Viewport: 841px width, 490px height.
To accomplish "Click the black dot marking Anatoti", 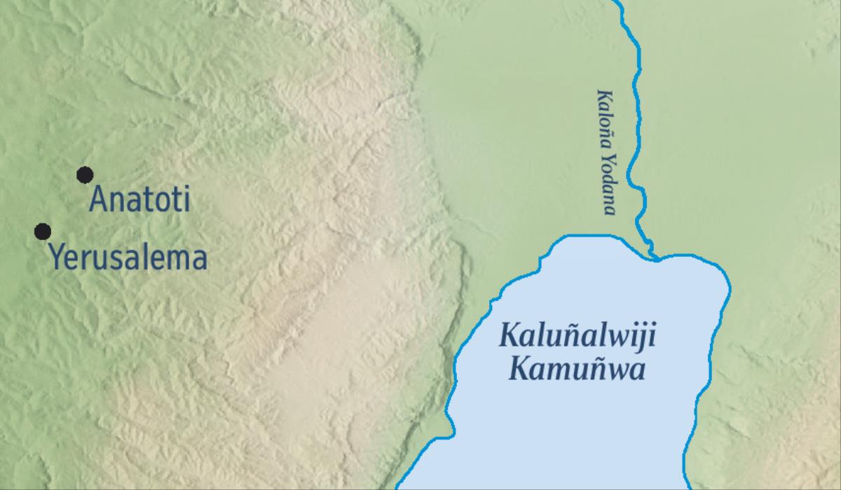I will [x=85, y=174].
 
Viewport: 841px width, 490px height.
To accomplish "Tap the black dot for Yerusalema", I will [x=43, y=231].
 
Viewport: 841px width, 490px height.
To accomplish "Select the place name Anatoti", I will [x=140, y=201].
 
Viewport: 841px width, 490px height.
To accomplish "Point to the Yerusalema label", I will [x=128, y=258].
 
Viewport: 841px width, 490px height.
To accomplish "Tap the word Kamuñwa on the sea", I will [x=576, y=368].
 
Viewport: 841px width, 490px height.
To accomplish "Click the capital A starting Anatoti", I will [x=98, y=201].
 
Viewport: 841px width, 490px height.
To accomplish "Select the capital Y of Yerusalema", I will [x=56, y=258].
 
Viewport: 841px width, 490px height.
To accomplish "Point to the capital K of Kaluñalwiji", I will [x=507, y=336].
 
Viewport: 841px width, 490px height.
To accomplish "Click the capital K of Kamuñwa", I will [x=518, y=368].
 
